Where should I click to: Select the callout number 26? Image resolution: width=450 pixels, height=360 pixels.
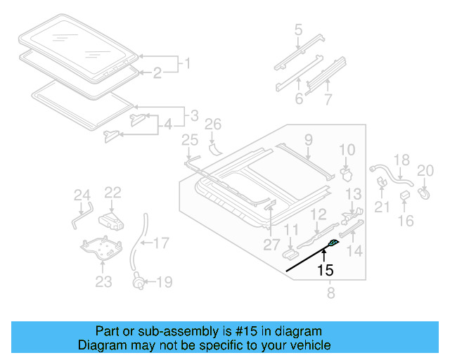point(213,125)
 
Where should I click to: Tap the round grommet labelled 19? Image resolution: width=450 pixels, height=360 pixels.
point(140,283)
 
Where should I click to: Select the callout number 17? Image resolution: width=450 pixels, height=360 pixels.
point(161,244)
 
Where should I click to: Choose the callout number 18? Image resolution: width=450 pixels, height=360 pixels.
point(400,160)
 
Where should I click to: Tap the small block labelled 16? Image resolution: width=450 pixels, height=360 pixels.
point(406,195)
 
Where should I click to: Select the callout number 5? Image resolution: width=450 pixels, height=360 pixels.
point(299,30)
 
